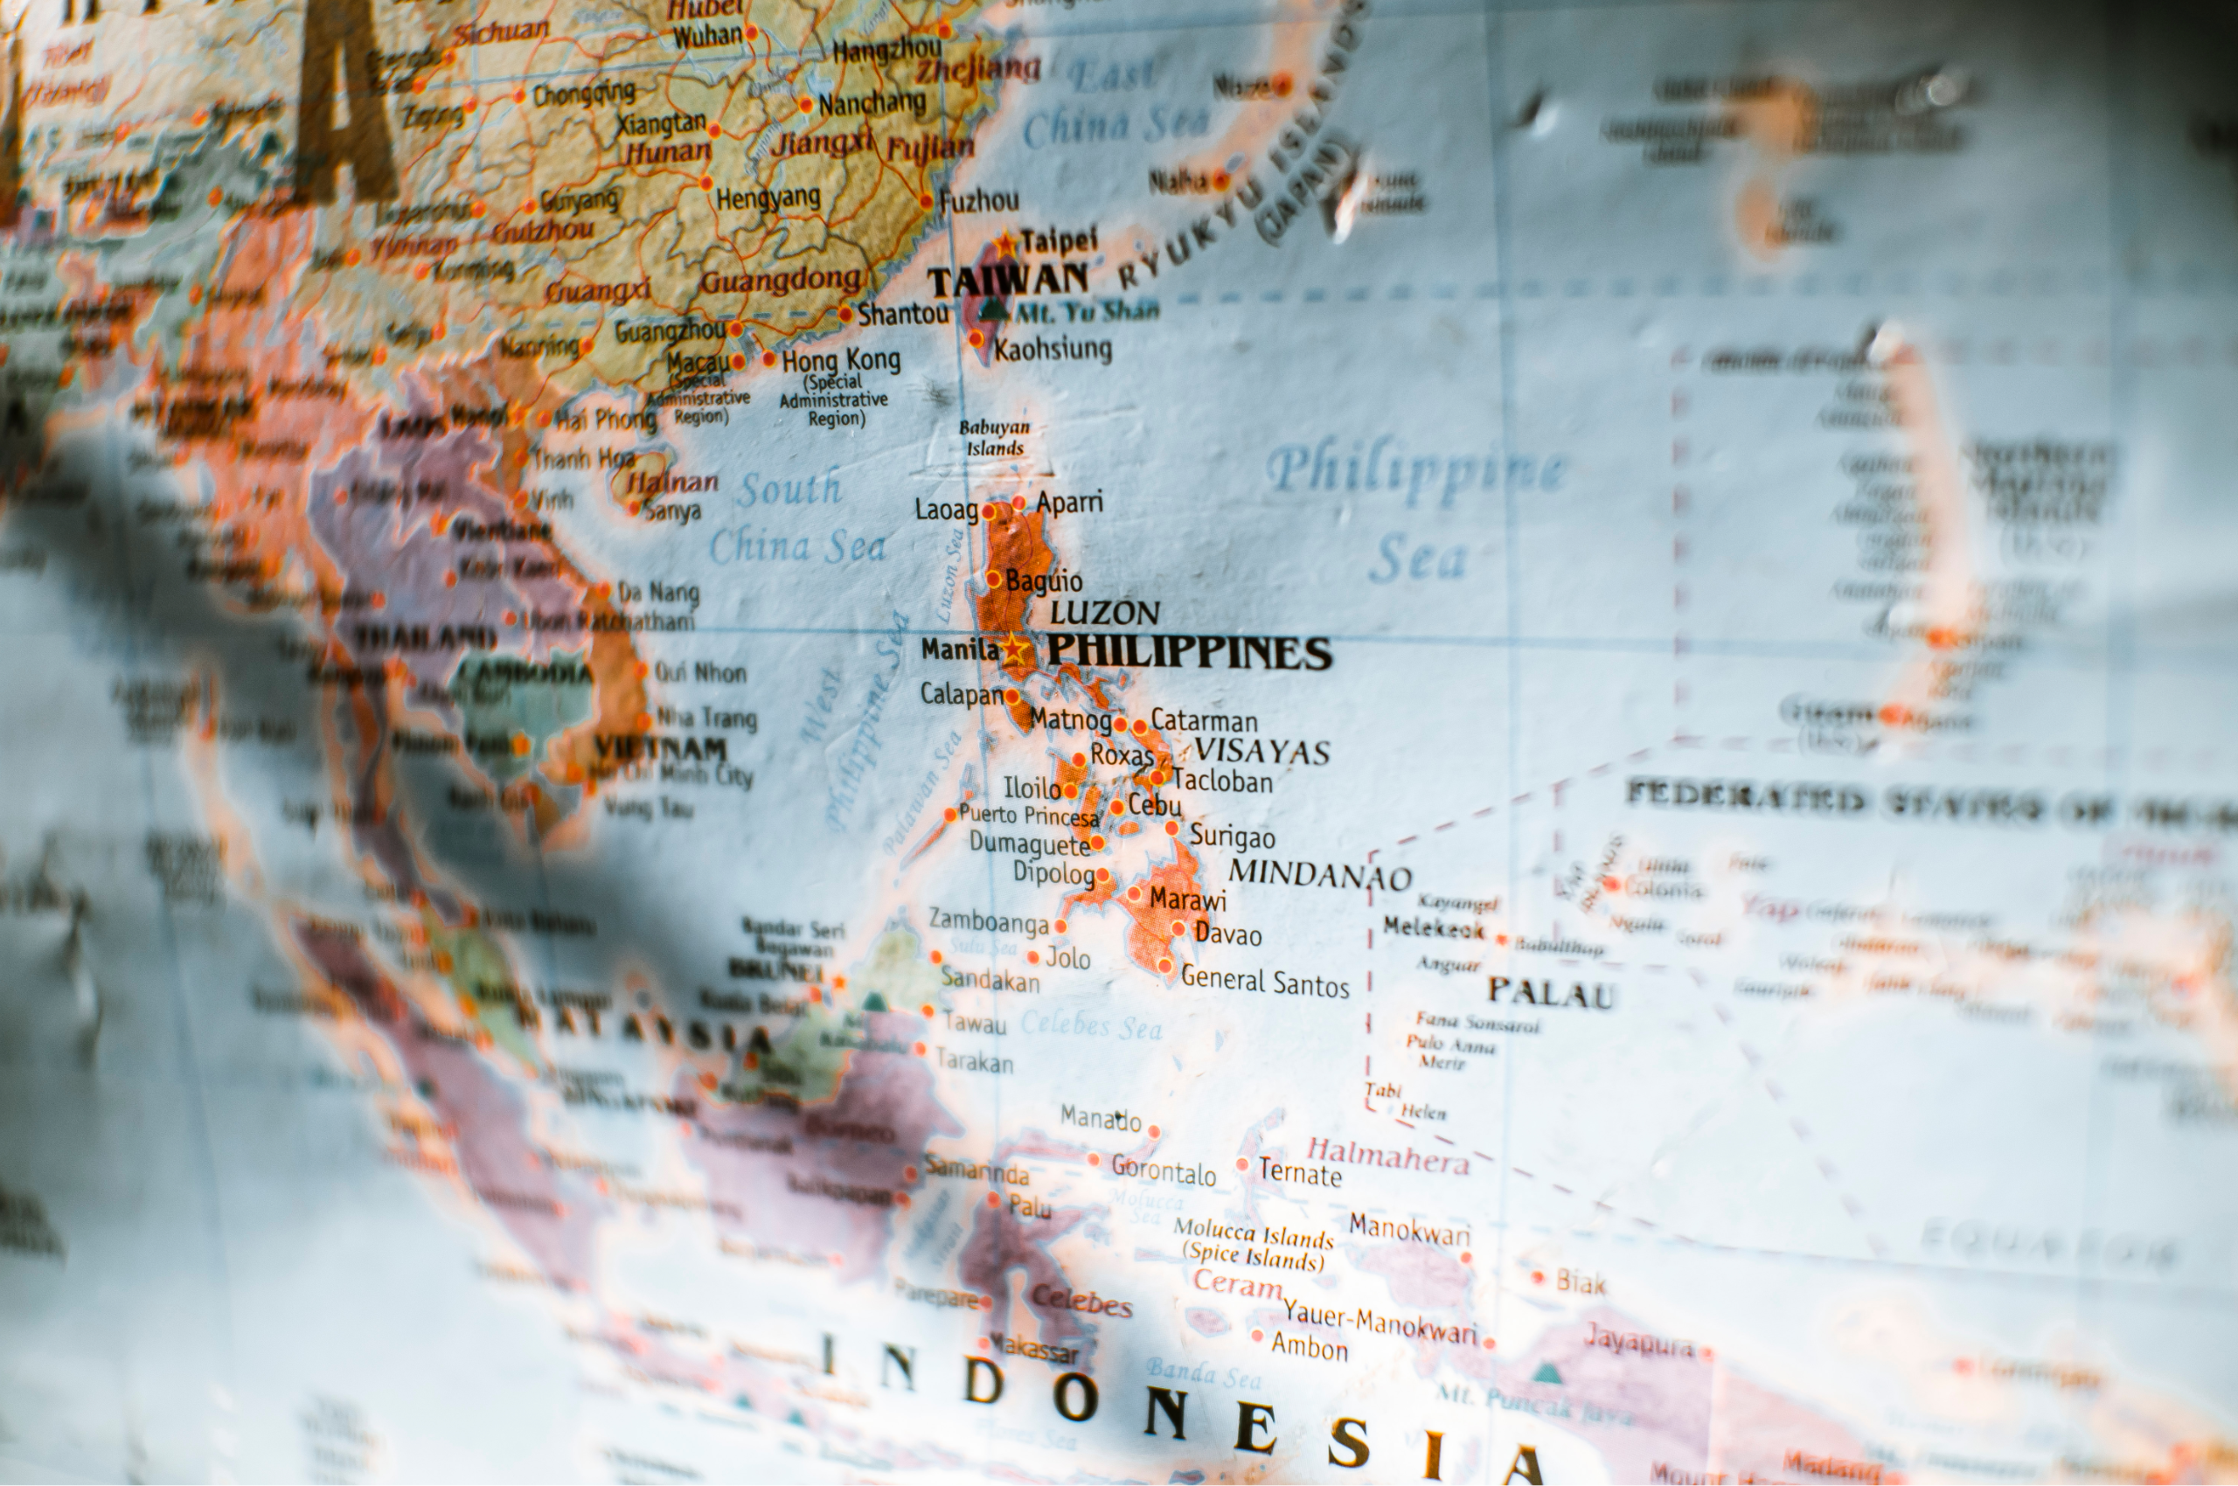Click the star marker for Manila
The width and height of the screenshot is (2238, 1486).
pos(1013,649)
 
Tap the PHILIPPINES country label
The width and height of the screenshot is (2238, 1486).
pos(1189,653)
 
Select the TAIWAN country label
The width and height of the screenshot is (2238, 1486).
pos(1008,280)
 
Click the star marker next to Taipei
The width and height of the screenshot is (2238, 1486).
pos(1005,243)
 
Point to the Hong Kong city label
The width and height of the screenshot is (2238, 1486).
pos(841,360)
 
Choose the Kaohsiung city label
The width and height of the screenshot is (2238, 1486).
pos(1053,349)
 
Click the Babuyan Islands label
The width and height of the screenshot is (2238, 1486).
pos(993,438)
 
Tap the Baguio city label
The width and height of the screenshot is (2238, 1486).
pos(1043,580)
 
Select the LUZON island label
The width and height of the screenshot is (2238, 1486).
pos(1104,613)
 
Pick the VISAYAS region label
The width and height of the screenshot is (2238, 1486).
pos(1261,752)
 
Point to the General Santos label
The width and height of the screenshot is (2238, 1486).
pos(1264,982)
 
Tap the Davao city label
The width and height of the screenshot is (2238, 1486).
pos(1227,934)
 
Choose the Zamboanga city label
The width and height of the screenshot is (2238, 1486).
pos(989,920)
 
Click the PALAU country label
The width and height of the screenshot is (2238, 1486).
pos(1550,992)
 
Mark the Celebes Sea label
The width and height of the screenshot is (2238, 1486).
pos(1090,1025)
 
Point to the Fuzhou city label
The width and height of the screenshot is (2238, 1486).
pos(979,201)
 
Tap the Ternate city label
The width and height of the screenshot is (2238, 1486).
pos(1300,1173)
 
